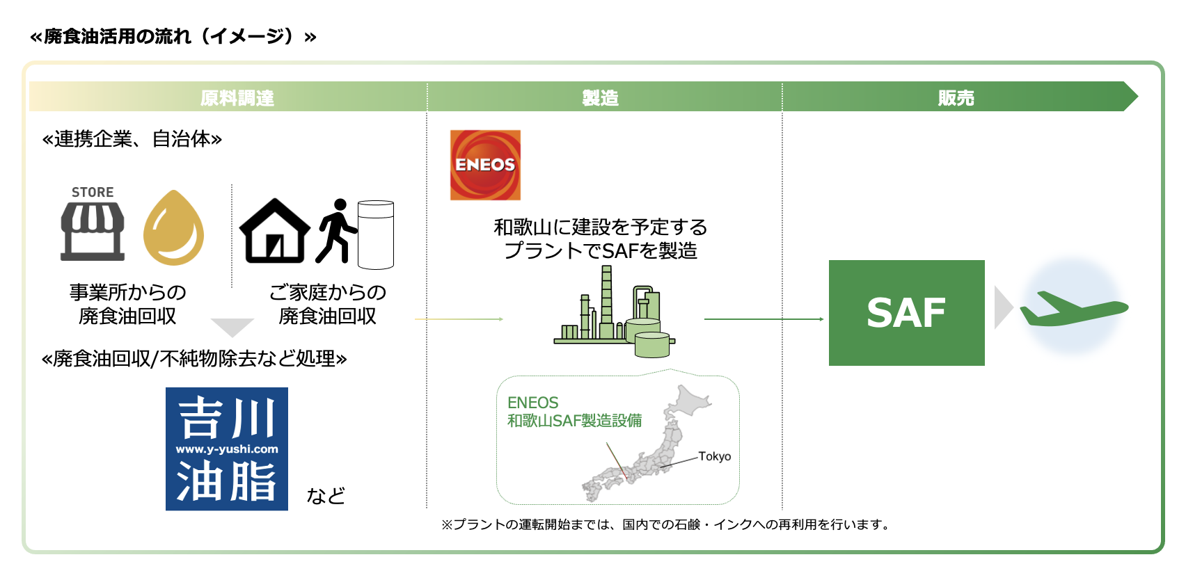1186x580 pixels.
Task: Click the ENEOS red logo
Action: click(485, 165)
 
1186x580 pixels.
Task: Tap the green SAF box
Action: click(906, 313)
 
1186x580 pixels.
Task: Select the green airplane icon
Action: click(1074, 309)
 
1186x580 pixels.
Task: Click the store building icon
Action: click(93, 232)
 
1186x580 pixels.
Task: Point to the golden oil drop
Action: click(174, 227)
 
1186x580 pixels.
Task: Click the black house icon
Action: click(274, 231)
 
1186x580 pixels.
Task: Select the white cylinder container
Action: click(375, 234)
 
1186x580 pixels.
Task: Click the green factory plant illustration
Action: click(614, 312)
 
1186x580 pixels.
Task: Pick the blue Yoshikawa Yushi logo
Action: click(227, 449)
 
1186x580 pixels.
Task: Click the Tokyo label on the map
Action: click(714, 456)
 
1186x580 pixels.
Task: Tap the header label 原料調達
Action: click(237, 98)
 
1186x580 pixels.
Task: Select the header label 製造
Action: click(600, 98)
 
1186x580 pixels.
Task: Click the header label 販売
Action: click(956, 98)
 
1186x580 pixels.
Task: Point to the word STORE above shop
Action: click(93, 192)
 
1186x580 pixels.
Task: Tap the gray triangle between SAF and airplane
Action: click(1004, 307)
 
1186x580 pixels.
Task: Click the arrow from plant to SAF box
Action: click(764, 319)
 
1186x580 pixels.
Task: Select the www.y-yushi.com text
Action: click(227, 449)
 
